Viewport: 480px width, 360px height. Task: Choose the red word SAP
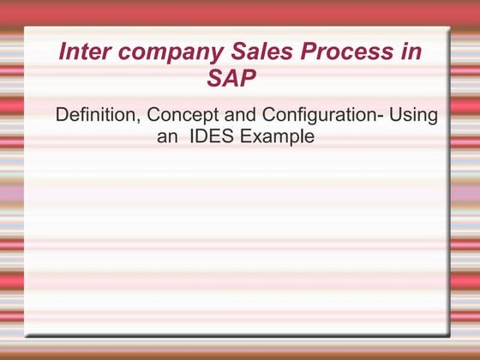[x=231, y=80]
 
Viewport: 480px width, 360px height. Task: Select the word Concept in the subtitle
[x=179, y=116]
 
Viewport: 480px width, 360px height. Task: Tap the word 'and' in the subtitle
[x=240, y=115]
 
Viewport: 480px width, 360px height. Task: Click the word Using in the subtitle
[x=415, y=116]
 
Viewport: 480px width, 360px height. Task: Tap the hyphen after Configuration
[x=381, y=117]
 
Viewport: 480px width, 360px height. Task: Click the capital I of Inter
[x=62, y=51]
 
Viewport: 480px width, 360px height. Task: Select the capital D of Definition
[x=61, y=115]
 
